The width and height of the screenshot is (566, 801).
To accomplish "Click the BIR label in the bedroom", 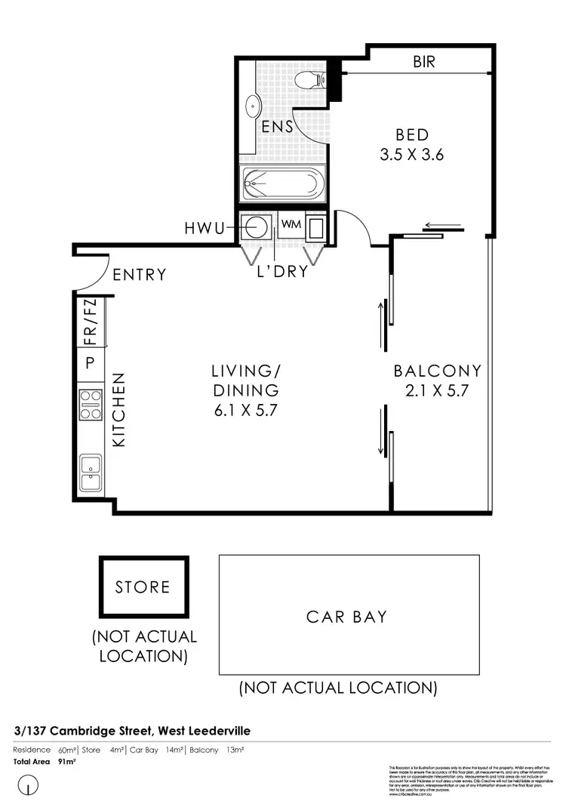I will [424, 62].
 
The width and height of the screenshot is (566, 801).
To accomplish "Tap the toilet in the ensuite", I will [310, 79].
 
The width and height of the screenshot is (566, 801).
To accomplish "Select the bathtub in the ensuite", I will [282, 184].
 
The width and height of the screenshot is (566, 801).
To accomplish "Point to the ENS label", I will [277, 127].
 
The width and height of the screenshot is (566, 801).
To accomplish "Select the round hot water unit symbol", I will [257, 226].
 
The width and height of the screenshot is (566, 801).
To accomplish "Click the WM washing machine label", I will [290, 224].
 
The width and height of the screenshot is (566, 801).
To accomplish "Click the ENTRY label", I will [139, 275].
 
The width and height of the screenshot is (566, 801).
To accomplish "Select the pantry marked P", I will [90, 364].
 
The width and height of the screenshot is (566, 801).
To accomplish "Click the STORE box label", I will [143, 587].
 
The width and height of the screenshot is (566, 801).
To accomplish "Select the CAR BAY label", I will [346, 617].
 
